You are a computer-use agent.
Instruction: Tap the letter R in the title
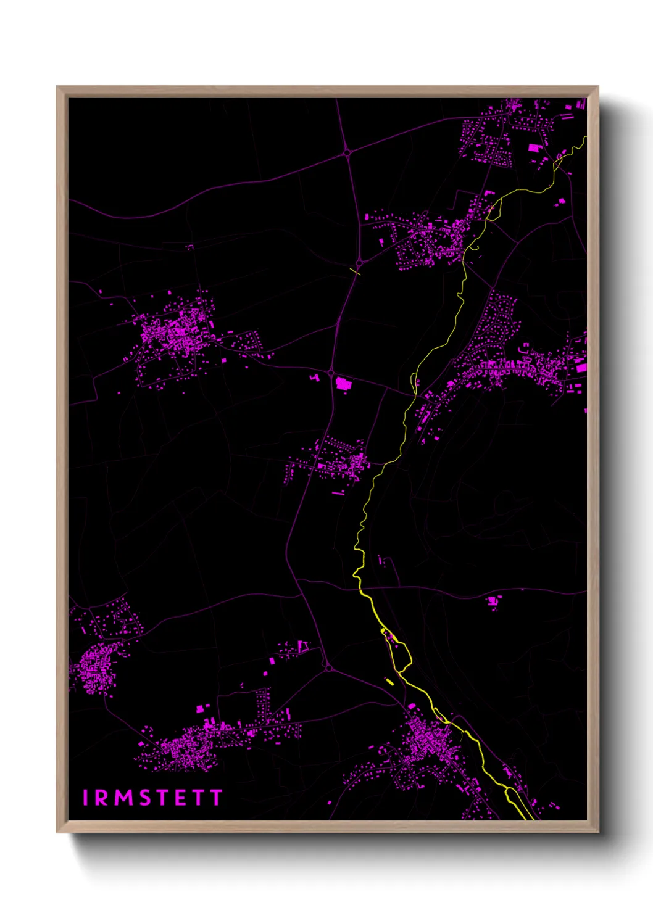(101, 798)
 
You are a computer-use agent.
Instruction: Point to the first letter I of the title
(86, 798)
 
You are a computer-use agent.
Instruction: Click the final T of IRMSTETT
(216, 798)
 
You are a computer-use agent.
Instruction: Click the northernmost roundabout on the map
(347, 152)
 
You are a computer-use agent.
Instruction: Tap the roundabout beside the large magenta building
(331, 373)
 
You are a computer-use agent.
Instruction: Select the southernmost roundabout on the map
(328, 667)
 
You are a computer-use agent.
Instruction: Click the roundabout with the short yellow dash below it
(359, 263)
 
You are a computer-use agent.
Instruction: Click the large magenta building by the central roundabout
(343, 384)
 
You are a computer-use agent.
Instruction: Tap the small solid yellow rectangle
(389, 681)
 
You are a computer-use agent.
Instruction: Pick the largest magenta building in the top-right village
(534, 148)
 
